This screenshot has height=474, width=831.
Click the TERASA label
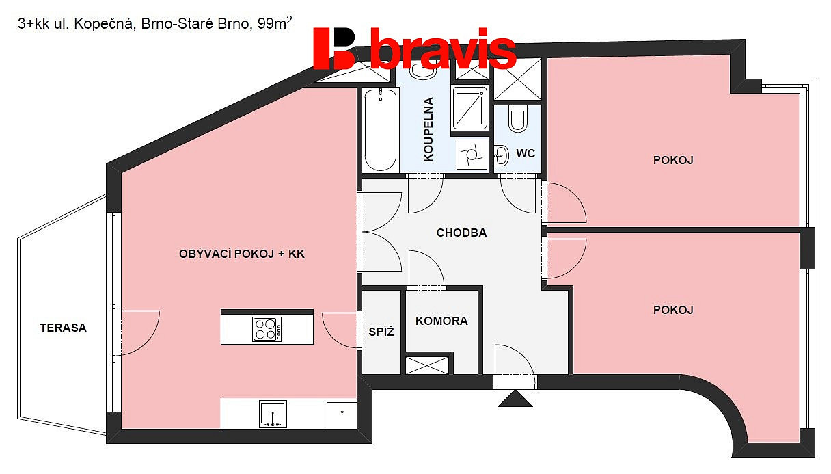[63, 328]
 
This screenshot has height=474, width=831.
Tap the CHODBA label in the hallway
[461, 233]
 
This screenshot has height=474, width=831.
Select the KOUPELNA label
[428, 129]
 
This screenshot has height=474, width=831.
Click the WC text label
[526, 153]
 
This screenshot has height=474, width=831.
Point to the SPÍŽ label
[381, 332]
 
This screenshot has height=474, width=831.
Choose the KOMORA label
[441, 321]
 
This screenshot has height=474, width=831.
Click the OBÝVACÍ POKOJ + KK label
[241, 254]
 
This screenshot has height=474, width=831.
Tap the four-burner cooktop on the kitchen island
[267, 329]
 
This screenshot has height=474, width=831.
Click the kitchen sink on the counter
[273, 414]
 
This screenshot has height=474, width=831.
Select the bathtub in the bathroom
[380, 130]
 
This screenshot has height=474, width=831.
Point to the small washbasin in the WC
[501, 155]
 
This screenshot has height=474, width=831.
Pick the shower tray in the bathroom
[469, 108]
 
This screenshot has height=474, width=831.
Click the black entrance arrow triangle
[515, 399]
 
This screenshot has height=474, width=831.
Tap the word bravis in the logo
[443, 49]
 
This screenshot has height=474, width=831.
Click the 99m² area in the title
[275, 23]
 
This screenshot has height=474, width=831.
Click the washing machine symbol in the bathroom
[472, 155]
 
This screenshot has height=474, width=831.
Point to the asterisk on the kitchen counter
[342, 412]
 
